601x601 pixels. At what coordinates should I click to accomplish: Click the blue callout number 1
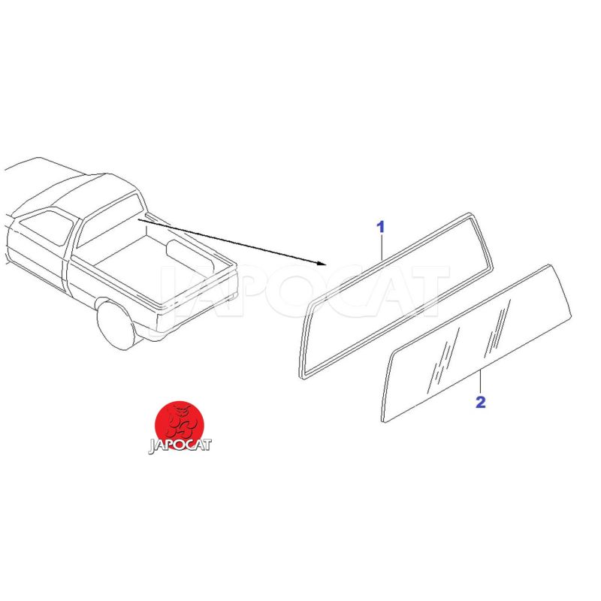(x=380, y=227)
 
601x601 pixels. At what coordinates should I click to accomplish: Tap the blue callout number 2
(x=480, y=402)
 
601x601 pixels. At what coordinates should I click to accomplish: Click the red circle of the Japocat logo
(x=179, y=425)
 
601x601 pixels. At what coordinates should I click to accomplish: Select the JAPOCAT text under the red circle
(x=180, y=445)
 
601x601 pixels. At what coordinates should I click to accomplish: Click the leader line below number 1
(x=382, y=248)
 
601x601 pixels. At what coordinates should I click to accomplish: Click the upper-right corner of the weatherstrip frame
(x=470, y=216)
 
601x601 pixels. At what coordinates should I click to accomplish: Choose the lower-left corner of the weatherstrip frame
(x=303, y=376)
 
